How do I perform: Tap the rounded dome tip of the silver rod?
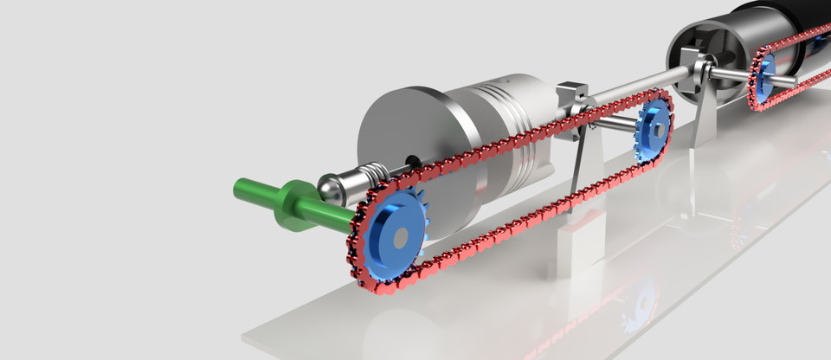[x=328, y=186]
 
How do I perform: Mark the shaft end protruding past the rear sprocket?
[x=789, y=80]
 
